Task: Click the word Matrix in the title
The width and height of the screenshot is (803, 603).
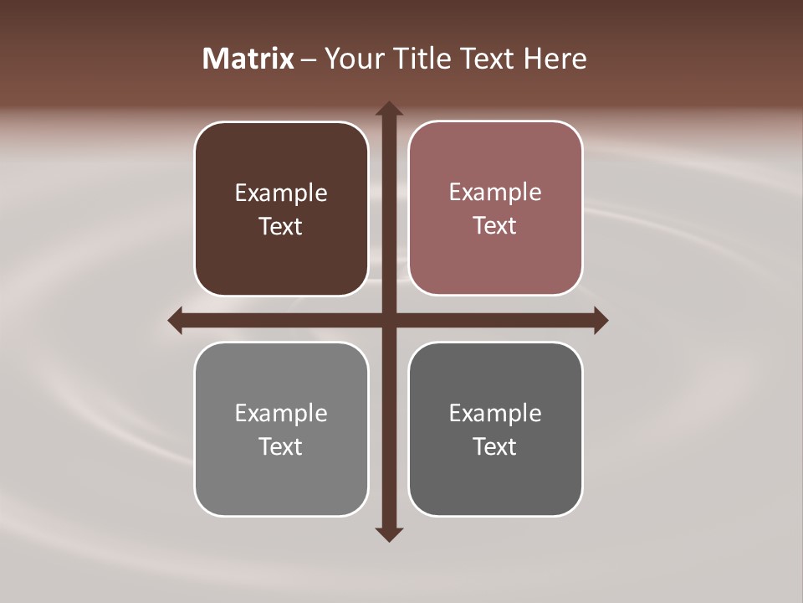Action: (x=248, y=59)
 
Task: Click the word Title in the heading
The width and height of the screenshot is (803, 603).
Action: (x=423, y=59)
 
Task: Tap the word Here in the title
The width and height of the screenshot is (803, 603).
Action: (x=555, y=59)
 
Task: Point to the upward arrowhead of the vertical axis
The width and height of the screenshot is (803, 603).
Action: (x=389, y=109)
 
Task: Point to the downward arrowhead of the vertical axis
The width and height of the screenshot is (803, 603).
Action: (x=389, y=533)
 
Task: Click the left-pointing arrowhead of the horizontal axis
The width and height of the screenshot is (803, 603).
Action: (x=176, y=320)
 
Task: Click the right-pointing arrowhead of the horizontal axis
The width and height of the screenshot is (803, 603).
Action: (x=601, y=320)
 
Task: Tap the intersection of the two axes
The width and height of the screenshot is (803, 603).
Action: (x=389, y=320)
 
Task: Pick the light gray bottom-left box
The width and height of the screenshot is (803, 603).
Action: (x=281, y=486)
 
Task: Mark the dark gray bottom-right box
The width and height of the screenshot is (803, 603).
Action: (x=495, y=486)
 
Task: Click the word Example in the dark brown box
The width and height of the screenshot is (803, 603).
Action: (x=281, y=193)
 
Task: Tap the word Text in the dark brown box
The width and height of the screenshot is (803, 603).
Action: (x=281, y=227)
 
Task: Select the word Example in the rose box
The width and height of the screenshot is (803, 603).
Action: (x=495, y=193)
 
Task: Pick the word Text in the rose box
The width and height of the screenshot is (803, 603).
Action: (x=495, y=226)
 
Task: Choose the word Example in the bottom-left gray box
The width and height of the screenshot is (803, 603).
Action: (x=281, y=414)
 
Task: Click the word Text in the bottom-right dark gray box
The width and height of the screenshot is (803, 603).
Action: (x=495, y=447)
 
